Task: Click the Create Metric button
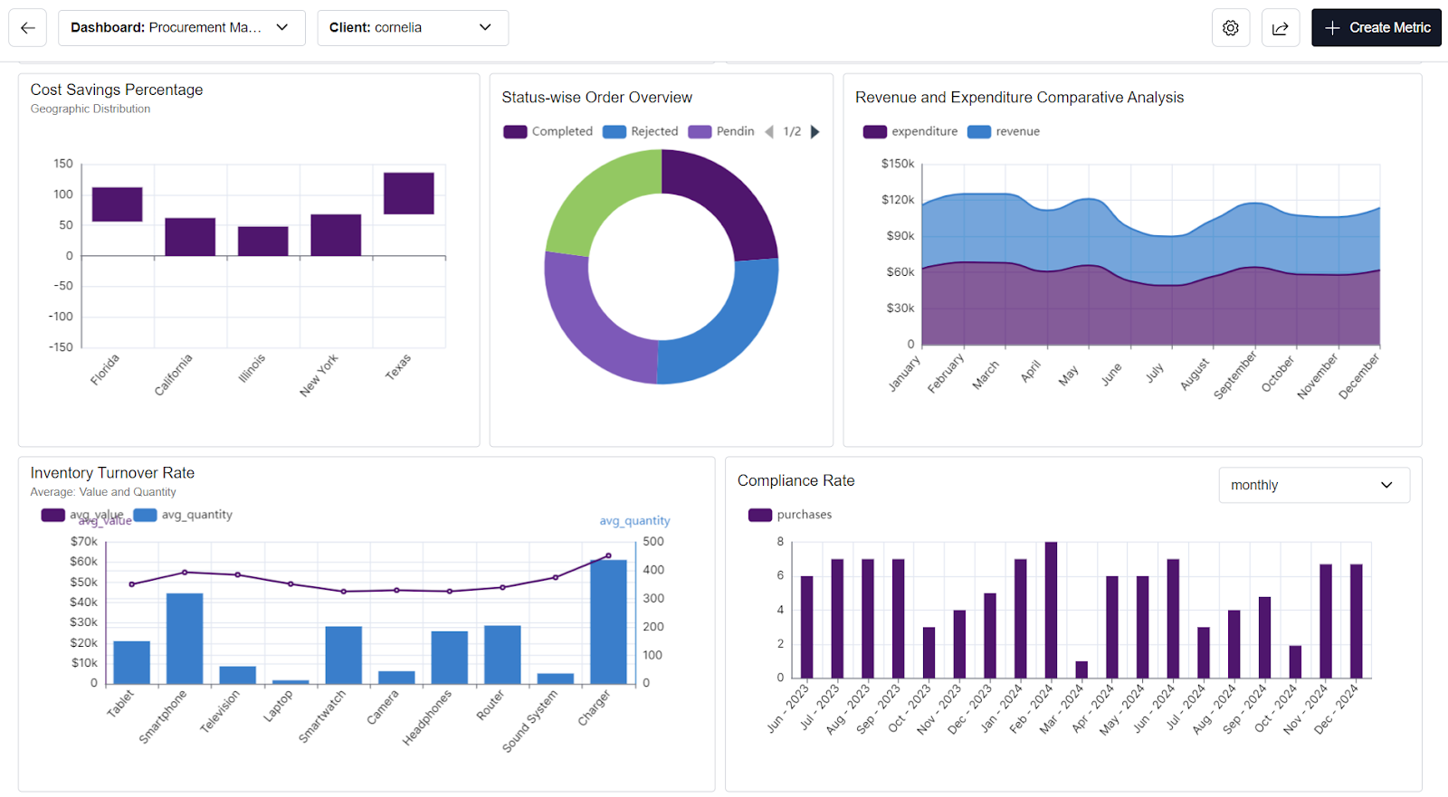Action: (1376, 28)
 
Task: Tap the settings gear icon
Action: (1230, 28)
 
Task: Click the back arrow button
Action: (28, 28)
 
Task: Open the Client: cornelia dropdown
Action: (412, 28)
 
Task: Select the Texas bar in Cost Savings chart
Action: (408, 194)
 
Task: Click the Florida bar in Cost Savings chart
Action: (117, 204)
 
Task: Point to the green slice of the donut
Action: (597, 201)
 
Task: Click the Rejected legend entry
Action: (641, 132)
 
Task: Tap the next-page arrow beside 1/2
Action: (814, 132)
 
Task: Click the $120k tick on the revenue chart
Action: (897, 200)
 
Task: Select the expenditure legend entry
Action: (910, 132)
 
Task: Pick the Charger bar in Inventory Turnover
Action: (608, 621)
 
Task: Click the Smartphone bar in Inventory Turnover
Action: (185, 638)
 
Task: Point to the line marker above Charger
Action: (608, 555)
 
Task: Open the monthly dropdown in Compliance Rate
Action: (1313, 486)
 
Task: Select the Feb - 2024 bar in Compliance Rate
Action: (1051, 610)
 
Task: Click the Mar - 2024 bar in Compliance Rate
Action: (1081, 669)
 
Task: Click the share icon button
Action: (1280, 28)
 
